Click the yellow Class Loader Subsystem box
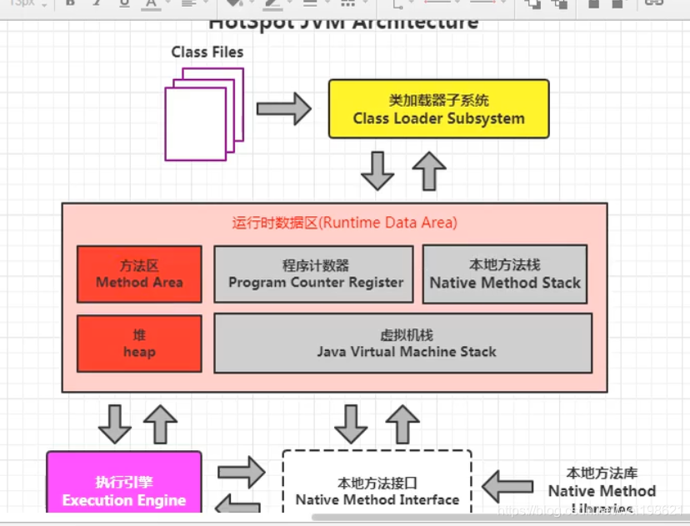[x=438, y=108]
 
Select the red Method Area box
[x=139, y=273]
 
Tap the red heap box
[x=139, y=343]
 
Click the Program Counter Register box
[x=314, y=273]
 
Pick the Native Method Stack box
[x=504, y=273]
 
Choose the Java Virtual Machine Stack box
[x=403, y=343]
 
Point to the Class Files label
[x=207, y=52]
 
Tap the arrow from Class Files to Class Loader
[x=282, y=108]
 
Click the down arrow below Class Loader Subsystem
[x=377, y=171]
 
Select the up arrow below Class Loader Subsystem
[x=429, y=171]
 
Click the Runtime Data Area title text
[x=344, y=223]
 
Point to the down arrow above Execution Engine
[x=114, y=423]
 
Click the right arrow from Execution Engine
[x=241, y=473]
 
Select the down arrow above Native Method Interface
[x=351, y=423]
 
